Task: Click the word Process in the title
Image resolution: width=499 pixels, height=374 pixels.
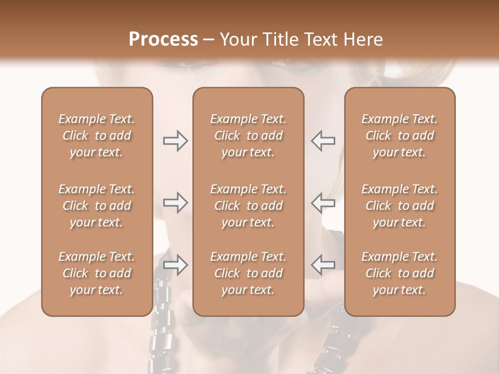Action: click(x=163, y=39)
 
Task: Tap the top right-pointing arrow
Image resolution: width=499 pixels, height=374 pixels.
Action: click(x=176, y=141)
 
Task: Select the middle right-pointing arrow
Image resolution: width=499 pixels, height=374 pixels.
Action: click(x=176, y=203)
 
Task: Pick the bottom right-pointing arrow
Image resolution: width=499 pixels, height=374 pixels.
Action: click(x=176, y=265)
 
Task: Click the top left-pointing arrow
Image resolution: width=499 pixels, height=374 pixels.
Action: click(x=323, y=141)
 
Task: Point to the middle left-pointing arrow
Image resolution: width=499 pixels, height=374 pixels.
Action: click(x=323, y=203)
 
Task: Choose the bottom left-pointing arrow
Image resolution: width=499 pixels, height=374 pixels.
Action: click(x=323, y=265)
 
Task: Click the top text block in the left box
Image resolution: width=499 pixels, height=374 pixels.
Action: click(x=97, y=136)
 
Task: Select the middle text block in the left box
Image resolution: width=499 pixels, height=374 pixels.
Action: click(x=97, y=206)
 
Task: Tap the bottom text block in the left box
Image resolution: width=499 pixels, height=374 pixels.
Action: click(x=97, y=273)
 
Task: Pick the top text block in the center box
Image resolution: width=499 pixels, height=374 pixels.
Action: click(x=248, y=136)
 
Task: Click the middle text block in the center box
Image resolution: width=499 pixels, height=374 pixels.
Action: click(x=248, y=206)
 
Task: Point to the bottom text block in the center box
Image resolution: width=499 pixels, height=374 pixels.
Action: click(x=248, y=273)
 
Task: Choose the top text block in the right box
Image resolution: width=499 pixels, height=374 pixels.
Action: click(x=400, y=136)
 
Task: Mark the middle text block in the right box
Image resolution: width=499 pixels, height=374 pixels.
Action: click(x=400, y=206)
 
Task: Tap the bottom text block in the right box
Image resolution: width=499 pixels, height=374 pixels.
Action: click(x=400, y=273)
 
